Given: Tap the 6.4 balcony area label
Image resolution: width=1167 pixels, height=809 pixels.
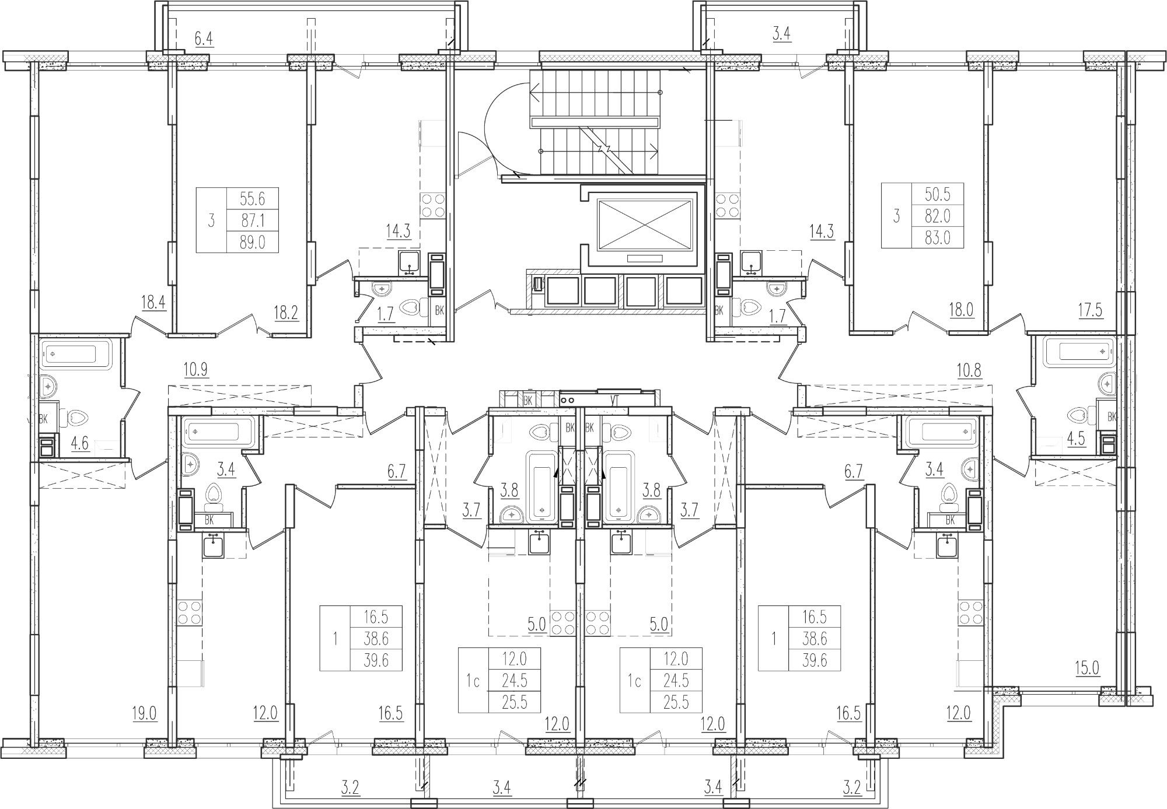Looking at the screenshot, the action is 204,39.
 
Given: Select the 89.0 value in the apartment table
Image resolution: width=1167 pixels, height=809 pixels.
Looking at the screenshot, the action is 252,241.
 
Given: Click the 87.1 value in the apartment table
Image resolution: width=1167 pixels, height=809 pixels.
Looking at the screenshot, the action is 252,220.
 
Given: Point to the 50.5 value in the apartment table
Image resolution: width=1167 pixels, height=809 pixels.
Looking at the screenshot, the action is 938,194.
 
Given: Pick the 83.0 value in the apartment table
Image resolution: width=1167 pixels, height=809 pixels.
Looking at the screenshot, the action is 938,237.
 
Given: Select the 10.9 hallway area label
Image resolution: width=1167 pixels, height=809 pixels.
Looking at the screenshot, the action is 195,369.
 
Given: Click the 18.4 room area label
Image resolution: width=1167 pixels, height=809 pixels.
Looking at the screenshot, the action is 153,302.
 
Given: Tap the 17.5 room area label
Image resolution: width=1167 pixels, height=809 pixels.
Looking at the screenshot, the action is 1090,310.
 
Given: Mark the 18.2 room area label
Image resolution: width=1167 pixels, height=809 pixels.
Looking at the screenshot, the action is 285,313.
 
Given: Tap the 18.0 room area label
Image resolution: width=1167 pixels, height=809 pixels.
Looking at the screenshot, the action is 961,310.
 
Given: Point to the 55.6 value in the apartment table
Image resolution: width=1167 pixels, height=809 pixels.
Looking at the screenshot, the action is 252,199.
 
